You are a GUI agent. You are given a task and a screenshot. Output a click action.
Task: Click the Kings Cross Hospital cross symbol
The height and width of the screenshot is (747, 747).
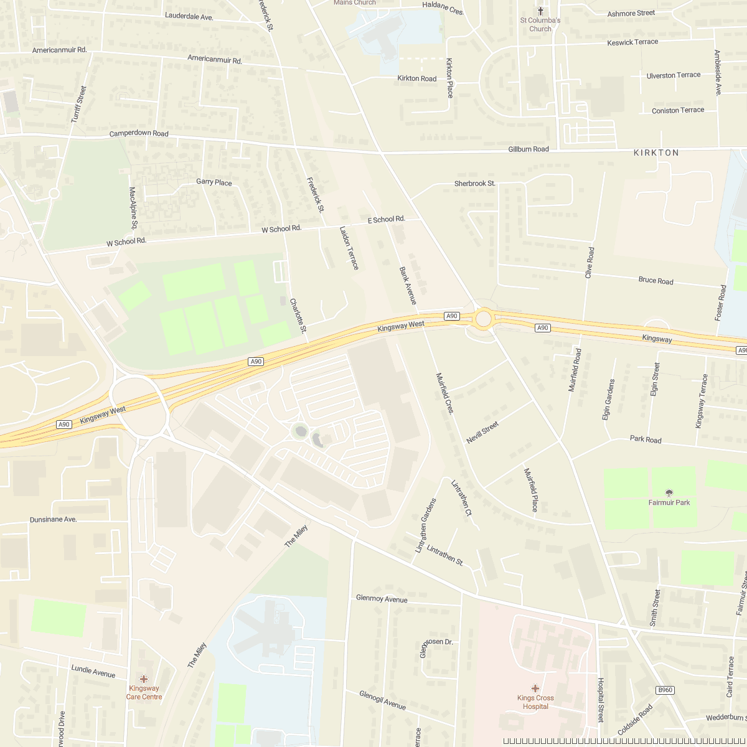click(x=535, y=688)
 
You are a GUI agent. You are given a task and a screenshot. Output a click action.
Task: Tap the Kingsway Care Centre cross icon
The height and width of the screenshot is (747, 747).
click(x=144, y=679)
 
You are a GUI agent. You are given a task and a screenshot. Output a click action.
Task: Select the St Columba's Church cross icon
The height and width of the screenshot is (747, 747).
click(x=540, y=11)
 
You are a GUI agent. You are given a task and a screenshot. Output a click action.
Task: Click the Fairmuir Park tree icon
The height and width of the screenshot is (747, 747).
click(x=669, y=493)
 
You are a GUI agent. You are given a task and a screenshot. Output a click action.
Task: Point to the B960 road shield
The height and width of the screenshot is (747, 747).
click(x=665, y=690)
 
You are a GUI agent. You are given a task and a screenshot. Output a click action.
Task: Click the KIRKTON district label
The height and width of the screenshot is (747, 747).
click(x=656, y=153)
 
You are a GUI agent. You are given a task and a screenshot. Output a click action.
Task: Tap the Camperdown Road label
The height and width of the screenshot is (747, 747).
click(x=139, y=134)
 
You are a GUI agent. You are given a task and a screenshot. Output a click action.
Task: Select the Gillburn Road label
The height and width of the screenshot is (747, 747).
click(x=529, y=149)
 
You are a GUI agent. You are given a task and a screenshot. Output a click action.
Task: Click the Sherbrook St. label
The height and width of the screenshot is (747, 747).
click(x=475, y=184)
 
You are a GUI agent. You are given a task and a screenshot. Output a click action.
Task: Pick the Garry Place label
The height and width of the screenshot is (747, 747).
click(x=214, y=182)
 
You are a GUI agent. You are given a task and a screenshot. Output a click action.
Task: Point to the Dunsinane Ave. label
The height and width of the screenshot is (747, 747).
click(x=53, y=519)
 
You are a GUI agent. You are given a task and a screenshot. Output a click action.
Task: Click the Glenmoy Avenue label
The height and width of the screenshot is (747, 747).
click(x=382, y=598)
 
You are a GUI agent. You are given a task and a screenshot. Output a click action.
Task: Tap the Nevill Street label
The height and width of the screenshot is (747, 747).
click(x=482, y=433)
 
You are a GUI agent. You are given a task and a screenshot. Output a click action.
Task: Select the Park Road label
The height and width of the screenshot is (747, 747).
click(x=646, y=439)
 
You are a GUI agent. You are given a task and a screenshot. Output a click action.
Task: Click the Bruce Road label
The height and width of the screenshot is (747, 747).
click(x=655, y=281)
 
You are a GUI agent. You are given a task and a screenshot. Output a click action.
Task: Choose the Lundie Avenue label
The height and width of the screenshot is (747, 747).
click(x=93, y=671)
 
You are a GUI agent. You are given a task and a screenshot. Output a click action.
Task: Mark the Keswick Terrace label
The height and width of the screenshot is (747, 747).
click(x=632, y=42)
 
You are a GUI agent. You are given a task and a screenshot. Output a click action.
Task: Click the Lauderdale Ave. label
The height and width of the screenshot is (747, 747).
click(x=189, y=16)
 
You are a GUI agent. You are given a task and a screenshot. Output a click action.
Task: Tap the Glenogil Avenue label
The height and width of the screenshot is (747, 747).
click(x=382, y=700)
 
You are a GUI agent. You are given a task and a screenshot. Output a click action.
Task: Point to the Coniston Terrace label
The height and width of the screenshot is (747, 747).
click(x=678, y=110)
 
